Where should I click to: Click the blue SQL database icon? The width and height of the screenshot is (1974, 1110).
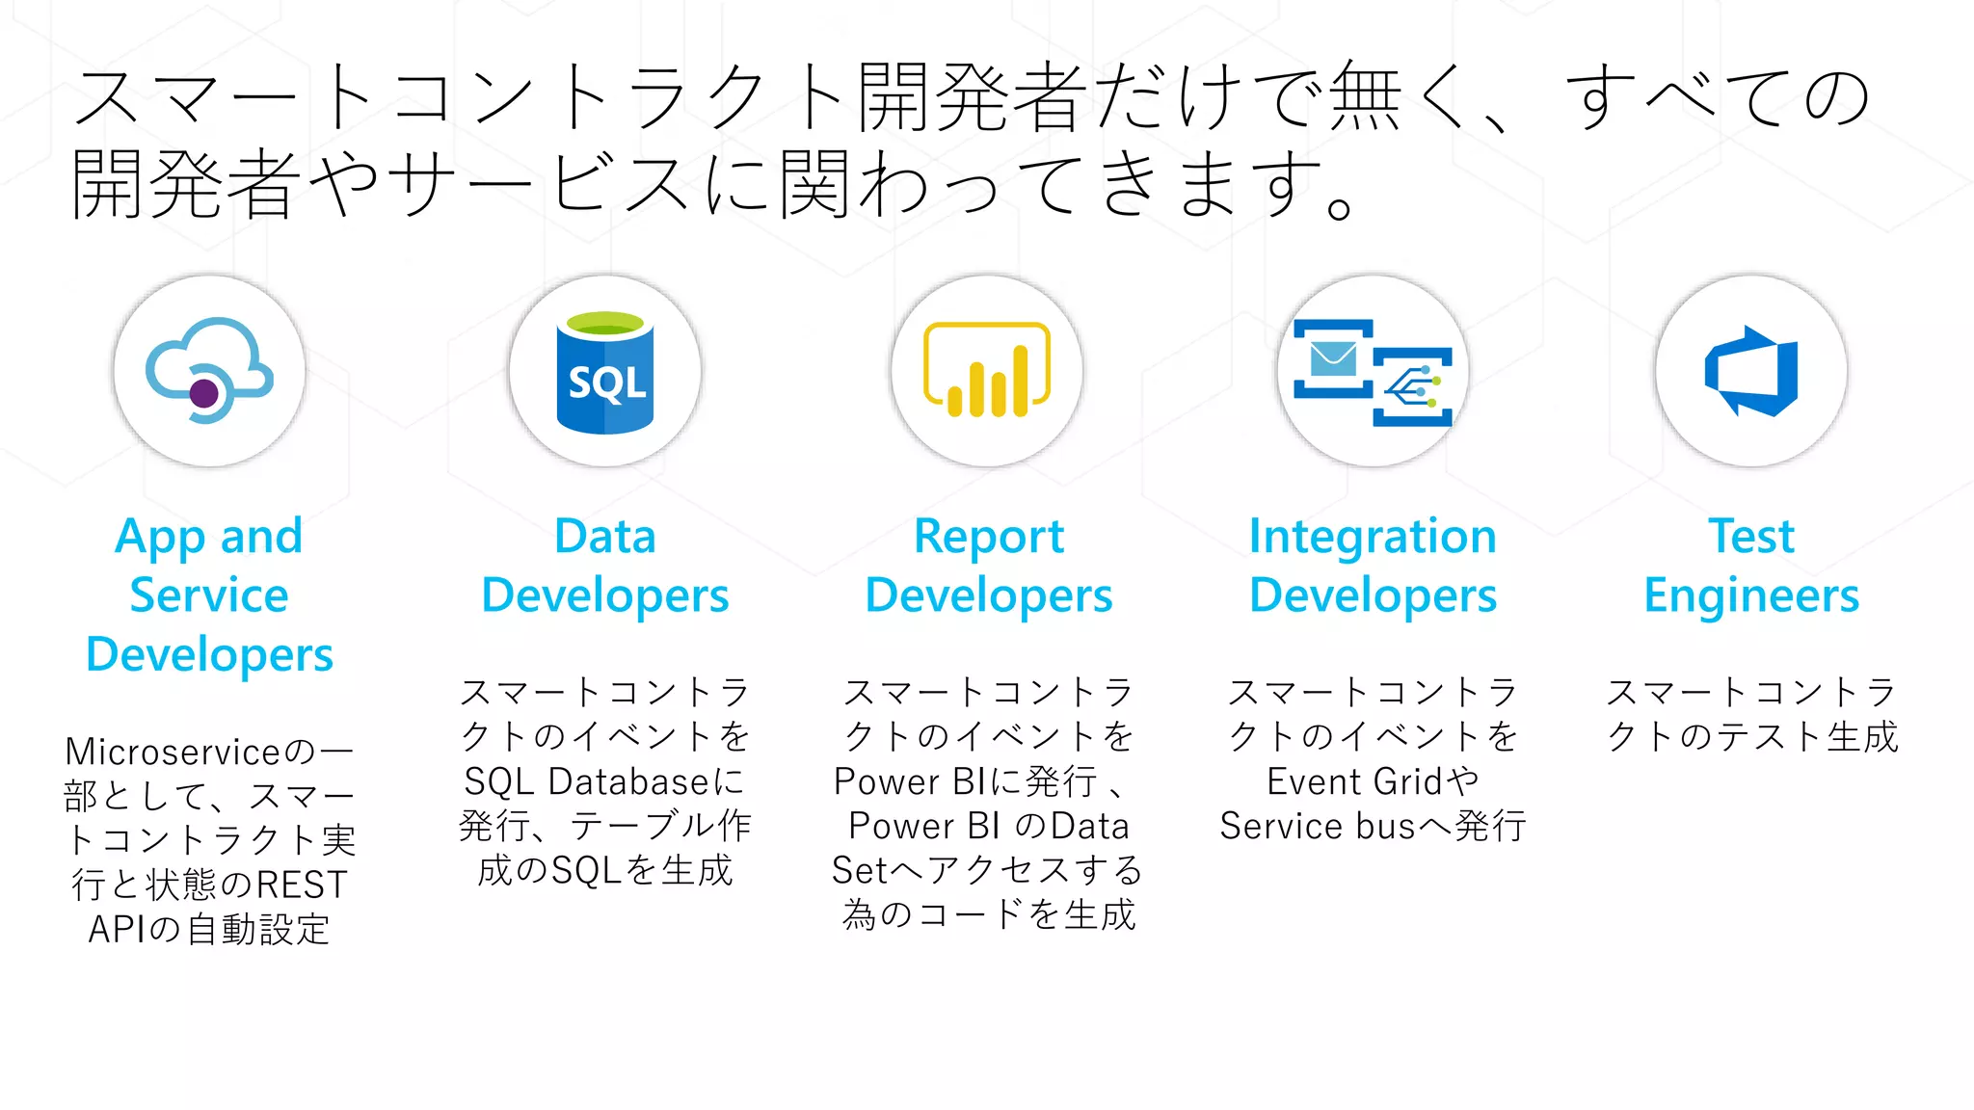point(605,374)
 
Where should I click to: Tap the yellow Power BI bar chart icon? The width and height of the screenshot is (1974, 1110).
point(987,371)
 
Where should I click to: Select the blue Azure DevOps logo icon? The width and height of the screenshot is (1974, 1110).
point(1751,371)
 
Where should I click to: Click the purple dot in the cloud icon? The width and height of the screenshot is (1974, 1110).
point(204,393)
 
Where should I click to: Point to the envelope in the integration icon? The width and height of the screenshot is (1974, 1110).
point(1334,359)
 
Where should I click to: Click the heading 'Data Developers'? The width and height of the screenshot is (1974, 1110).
point(605,566)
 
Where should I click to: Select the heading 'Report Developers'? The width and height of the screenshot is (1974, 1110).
point(989,566)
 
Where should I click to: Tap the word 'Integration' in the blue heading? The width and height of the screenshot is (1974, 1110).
point(1373,537)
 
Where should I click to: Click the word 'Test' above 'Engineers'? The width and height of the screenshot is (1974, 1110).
point(1751,537)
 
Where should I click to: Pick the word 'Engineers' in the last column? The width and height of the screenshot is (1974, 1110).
point(1751,595)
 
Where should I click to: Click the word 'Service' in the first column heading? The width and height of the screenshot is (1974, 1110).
point(209,595)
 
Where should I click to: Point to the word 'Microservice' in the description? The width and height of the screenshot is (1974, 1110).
point(173,752)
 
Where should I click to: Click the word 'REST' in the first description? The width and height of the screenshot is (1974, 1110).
point(301,885)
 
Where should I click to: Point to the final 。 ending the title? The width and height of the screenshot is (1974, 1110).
point(1341,205)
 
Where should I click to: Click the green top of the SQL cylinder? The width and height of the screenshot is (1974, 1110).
point(605,324)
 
